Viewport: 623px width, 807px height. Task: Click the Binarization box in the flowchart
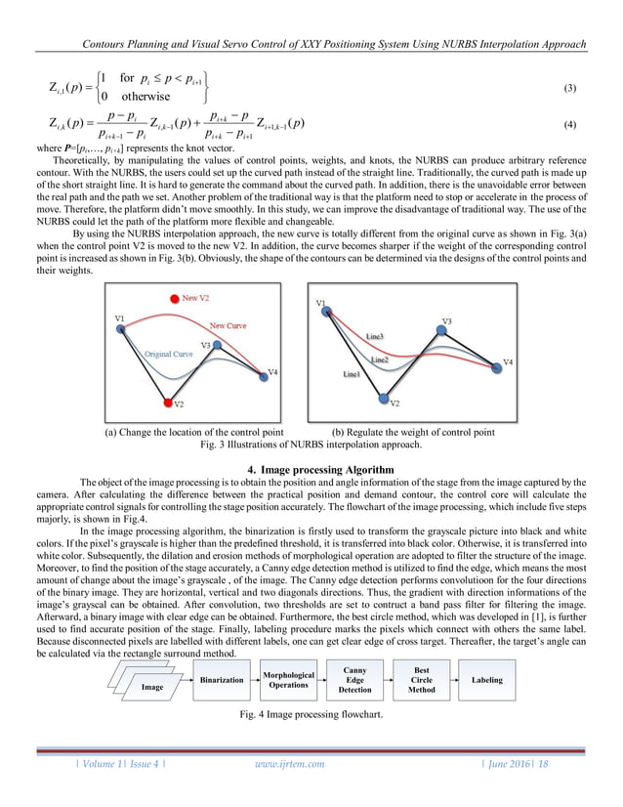tap(222, 679)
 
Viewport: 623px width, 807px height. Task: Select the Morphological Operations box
tap(289, 680)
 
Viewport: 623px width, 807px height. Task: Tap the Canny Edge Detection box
tap(354, 680)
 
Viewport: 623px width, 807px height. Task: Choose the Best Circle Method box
tap(422, 680)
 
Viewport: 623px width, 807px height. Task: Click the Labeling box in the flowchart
tap(487, 679)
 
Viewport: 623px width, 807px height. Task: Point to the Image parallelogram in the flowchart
tap(152, 686)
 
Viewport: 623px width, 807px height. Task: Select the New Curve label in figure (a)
tap(228, 325)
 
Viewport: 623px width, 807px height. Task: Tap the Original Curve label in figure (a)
tap(169, 354)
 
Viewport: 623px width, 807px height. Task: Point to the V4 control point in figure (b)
tap(493, 363)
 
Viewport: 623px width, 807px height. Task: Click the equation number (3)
tap(571, 88)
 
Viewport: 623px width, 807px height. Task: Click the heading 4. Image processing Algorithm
tap(311, 466)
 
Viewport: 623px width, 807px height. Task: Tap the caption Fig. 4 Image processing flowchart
tap(311, 718)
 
